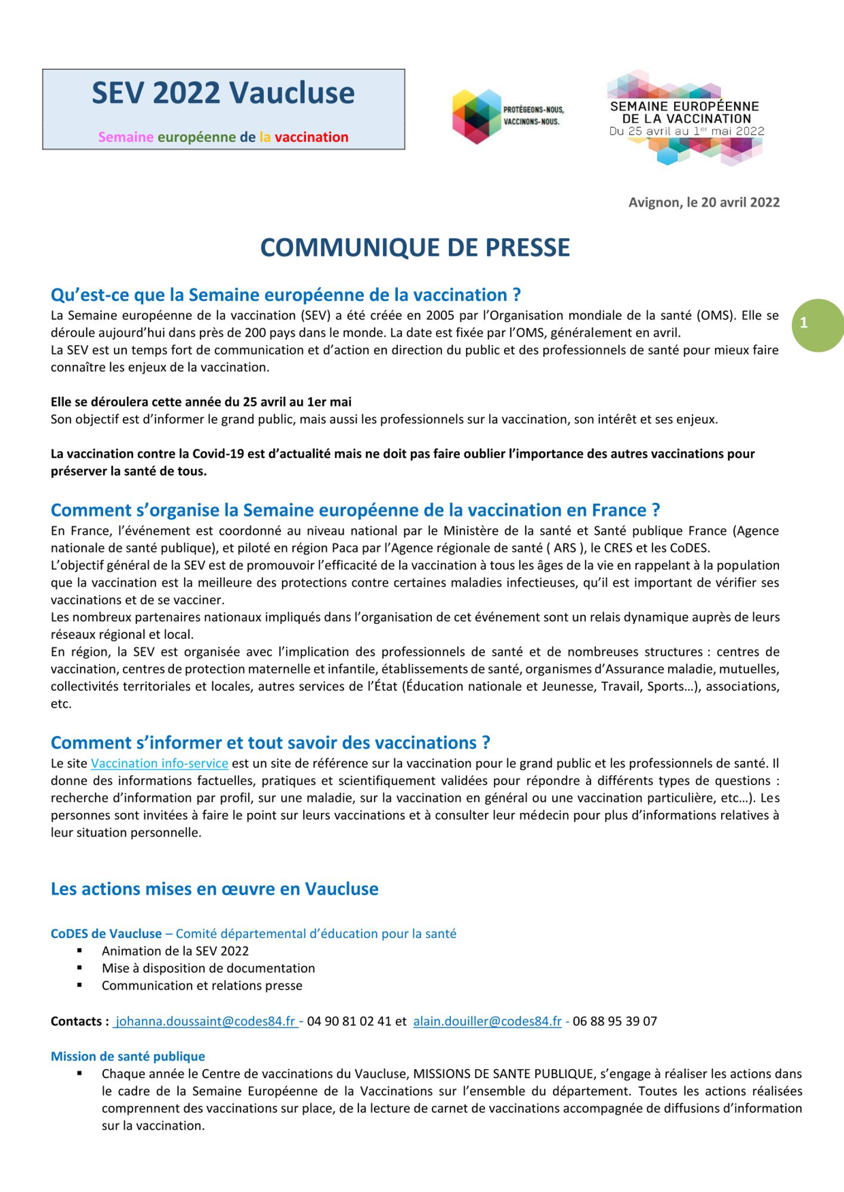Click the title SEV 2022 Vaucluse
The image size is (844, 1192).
(x=223, y=93)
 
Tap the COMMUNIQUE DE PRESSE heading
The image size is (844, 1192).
(x=415, y=248)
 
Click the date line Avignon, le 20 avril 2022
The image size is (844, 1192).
(x=704, y=202)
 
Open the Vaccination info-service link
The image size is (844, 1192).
(x=159, y=763)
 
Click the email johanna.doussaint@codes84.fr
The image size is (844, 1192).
(x=205, y=1022)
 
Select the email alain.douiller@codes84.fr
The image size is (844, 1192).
(x=487, y=1022)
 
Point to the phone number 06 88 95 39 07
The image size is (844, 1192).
(x=614, y=1022)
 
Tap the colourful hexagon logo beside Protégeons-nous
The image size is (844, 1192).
(x=477, y=116)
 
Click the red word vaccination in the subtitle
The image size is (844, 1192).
(x=311, y=137)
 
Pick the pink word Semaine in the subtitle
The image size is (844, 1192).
(x=126, y=137)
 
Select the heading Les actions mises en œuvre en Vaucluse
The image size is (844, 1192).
(x=214, y=889)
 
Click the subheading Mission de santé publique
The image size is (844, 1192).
(x=128, y=1057)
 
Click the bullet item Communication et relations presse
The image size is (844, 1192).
(x=202, y=986)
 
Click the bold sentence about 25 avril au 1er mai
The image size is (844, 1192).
(x=201, y=402)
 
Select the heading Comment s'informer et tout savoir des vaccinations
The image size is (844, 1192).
(x=270, y=743)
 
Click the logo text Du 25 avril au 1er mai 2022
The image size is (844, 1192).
(x=687, y=131)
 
